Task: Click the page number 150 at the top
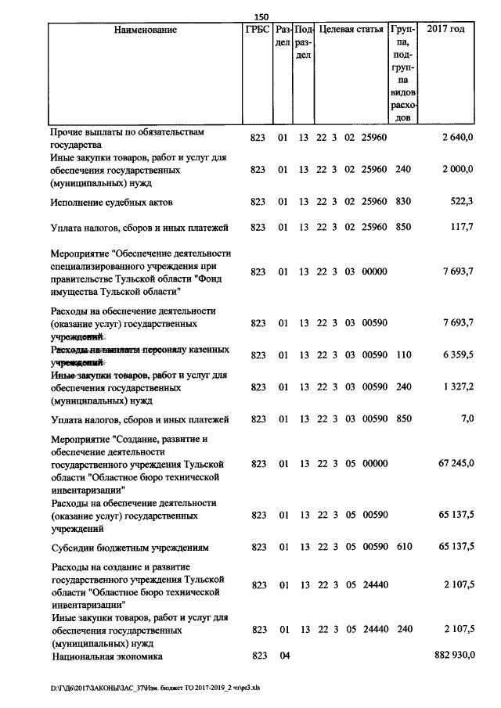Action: coord(261,17)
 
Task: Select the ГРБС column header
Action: coord(257,30)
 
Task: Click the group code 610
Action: coord(403,547)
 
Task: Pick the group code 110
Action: coord(403,355)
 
